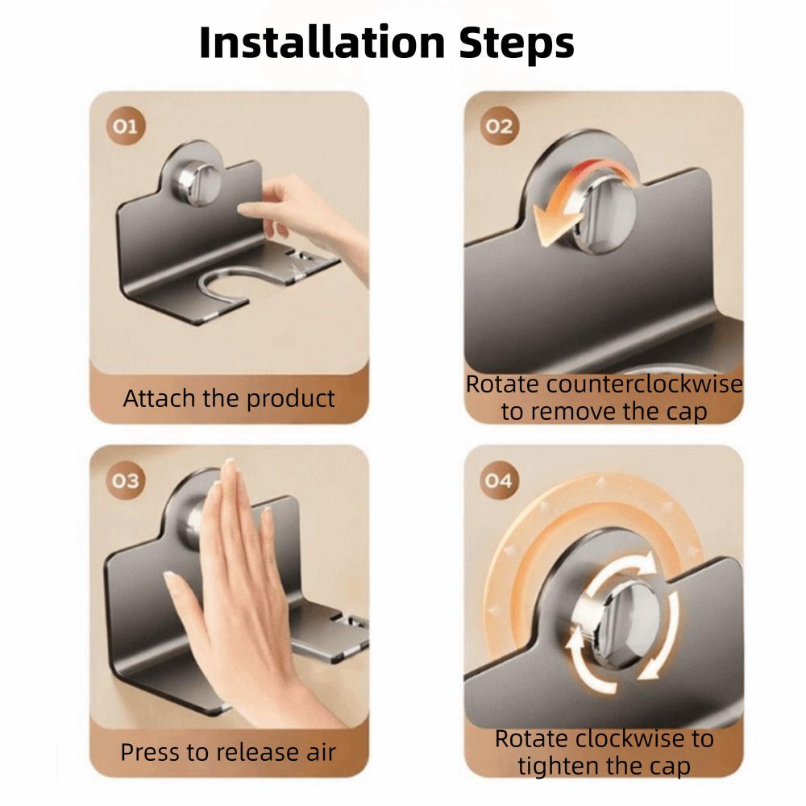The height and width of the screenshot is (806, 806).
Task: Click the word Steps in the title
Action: (516, 42)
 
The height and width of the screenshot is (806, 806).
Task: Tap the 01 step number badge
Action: (127, 127)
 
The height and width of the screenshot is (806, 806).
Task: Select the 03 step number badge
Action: (125, 481)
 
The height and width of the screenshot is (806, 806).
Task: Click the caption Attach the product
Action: (229, 398)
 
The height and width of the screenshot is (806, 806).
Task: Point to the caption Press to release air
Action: (228, 752)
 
